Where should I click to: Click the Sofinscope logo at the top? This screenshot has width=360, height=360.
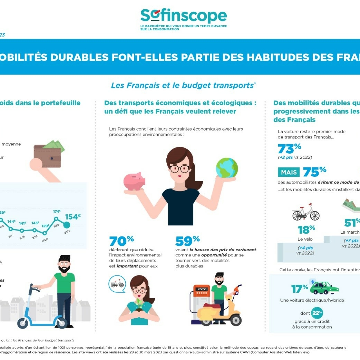[x=184, y=17]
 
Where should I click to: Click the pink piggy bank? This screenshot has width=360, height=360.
[x=135, y=181]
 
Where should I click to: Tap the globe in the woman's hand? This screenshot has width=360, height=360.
[x=227, y=168]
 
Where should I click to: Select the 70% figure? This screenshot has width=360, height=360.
[x=121, y=241]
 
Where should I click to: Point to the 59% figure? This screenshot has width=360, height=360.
[x=187, y=241]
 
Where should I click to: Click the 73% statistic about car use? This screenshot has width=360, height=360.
[x=290, y=148]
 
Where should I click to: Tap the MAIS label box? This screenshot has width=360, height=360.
[x=289, y=172]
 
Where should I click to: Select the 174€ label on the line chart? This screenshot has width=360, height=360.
[x=57, y=212]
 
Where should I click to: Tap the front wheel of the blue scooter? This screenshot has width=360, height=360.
[x=23, y=323]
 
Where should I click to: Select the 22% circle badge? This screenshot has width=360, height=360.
[x=317, y=313]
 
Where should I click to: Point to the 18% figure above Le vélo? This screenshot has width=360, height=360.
[x=307, y=229]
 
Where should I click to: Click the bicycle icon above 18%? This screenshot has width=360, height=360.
[x=306, y=213]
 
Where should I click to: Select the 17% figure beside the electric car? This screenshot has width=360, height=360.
[x=299, y=288]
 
